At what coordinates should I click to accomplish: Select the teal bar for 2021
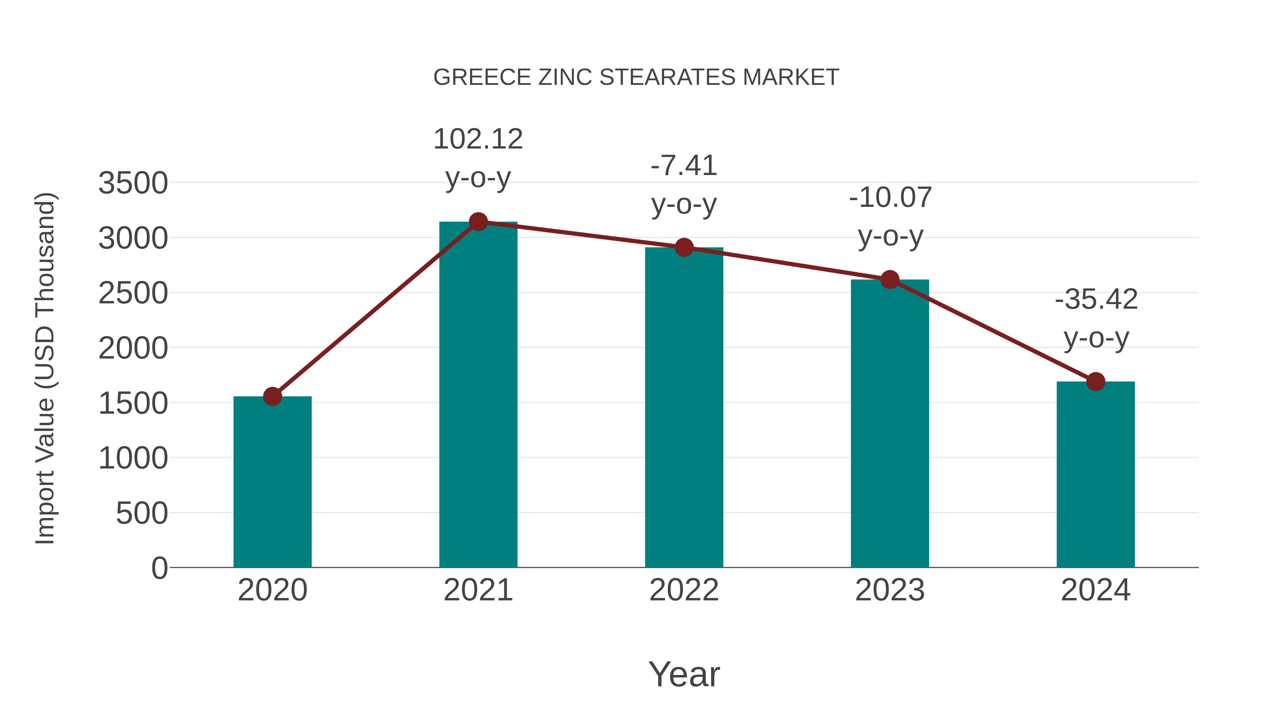[478, 395]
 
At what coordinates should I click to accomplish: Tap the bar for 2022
[684, 408]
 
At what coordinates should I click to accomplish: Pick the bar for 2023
[890, 424]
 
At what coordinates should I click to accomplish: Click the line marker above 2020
[272, 396]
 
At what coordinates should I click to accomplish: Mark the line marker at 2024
[1095, 382]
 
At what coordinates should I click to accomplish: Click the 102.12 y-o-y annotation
[478, 158]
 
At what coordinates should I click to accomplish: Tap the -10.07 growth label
[890, 216]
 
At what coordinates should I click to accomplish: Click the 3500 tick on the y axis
[133, 183]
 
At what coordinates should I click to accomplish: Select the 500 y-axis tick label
[142, 513]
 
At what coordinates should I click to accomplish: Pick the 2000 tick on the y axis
[133, 348]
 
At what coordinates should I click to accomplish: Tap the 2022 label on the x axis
[684, 590]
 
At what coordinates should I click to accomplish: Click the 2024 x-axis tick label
[1095, 590]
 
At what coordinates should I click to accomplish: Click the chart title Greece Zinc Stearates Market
[636, 77]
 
